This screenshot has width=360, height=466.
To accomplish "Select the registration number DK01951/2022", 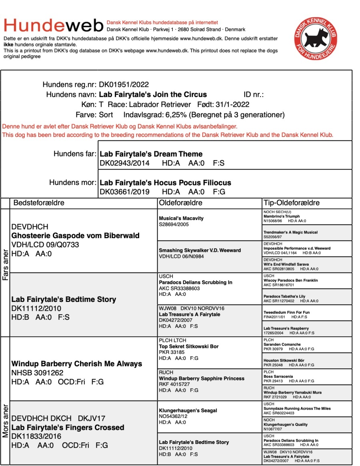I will point(124,84).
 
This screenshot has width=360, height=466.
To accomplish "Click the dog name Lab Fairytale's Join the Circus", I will point(153,95).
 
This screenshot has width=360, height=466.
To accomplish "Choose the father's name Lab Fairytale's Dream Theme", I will point(151,154).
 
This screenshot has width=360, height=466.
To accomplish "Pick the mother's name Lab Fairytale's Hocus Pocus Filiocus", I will point(165,183).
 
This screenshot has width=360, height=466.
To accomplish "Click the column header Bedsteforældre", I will point(39,203).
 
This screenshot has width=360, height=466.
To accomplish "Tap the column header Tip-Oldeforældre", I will point(292,203).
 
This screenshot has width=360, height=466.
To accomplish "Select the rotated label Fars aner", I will point(5,266).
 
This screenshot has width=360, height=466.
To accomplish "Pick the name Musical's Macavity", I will point(181,218).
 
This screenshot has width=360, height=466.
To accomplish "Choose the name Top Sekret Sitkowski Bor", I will point(189,346).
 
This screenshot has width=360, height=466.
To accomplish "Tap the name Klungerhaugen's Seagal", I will point(188,410).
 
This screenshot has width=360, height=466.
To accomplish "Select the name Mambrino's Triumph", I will point(281,216).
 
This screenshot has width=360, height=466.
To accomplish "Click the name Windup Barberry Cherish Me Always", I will point(77,364).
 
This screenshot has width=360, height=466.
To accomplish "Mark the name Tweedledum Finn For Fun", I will point(286,312).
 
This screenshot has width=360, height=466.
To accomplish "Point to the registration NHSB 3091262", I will point(37,373).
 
